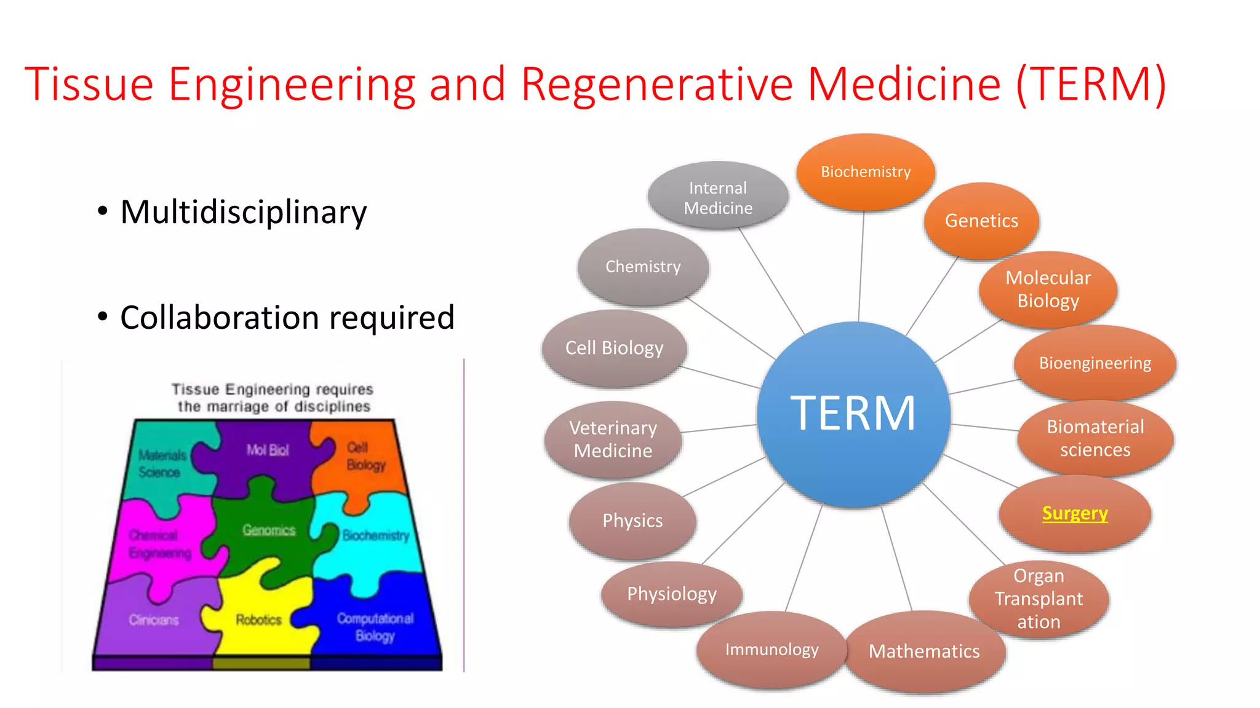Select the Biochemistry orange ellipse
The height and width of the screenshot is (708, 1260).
(x=866, y=171)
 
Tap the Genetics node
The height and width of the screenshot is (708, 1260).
(x=981, y=221)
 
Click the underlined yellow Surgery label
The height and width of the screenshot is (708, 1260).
(x=1075, y=513)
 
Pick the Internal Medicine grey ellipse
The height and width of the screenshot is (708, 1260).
(x=718, y=197)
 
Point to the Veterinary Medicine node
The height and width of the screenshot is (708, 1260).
(x=613, y=439)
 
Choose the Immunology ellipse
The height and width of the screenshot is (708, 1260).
(x=772, y=650)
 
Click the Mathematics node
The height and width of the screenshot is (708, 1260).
(x=924, y=651)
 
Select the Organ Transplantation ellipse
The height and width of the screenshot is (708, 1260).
(x=1039, y=599)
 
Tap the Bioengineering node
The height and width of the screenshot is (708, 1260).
(x=1095, y=363)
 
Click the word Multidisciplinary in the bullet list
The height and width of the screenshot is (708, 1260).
(x=244, y=212)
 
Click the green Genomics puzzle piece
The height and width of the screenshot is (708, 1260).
(x=268, y=530)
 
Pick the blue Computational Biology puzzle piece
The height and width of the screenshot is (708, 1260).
(x=375, y=627)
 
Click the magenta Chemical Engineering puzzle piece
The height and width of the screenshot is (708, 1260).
(x=159, y=545)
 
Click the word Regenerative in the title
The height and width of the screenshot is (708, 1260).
(x=656, y=84)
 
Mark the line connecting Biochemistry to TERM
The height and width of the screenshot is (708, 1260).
(x=861, y=264)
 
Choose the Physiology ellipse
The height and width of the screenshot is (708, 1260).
(x=672, y=594)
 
